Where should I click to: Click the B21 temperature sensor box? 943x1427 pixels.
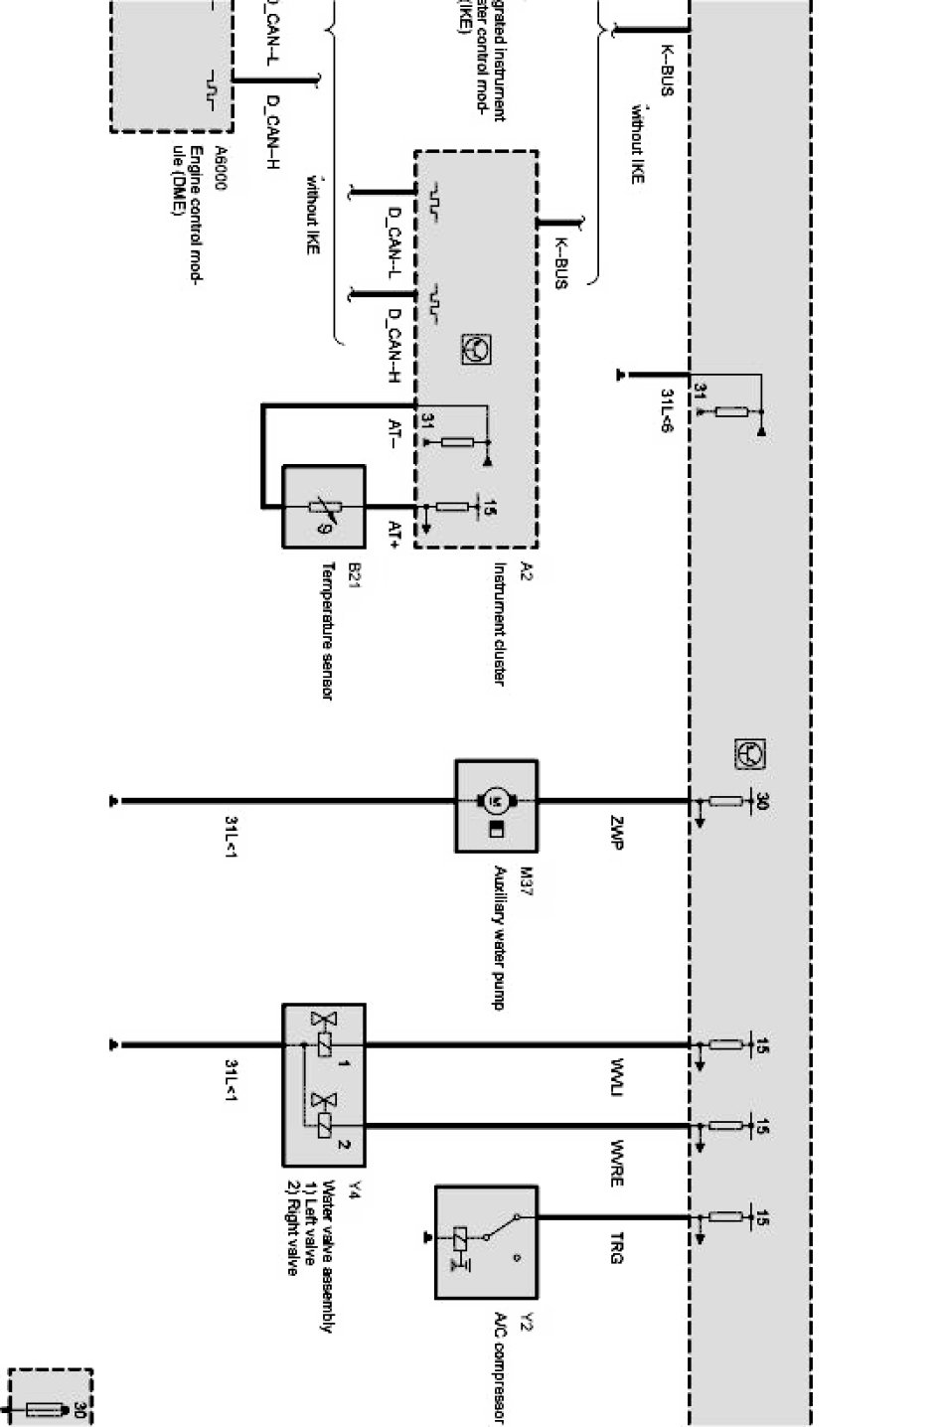[324, 507]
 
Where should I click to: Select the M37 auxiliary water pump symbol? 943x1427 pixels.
[496, 806]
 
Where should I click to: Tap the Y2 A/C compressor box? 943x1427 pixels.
[486, 1241]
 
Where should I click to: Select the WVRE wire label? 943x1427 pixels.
[616, 1164]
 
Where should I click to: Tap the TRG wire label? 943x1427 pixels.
[616, 1248]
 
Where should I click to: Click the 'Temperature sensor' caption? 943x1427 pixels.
[326, 632]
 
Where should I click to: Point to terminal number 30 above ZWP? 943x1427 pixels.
[762, 801]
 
